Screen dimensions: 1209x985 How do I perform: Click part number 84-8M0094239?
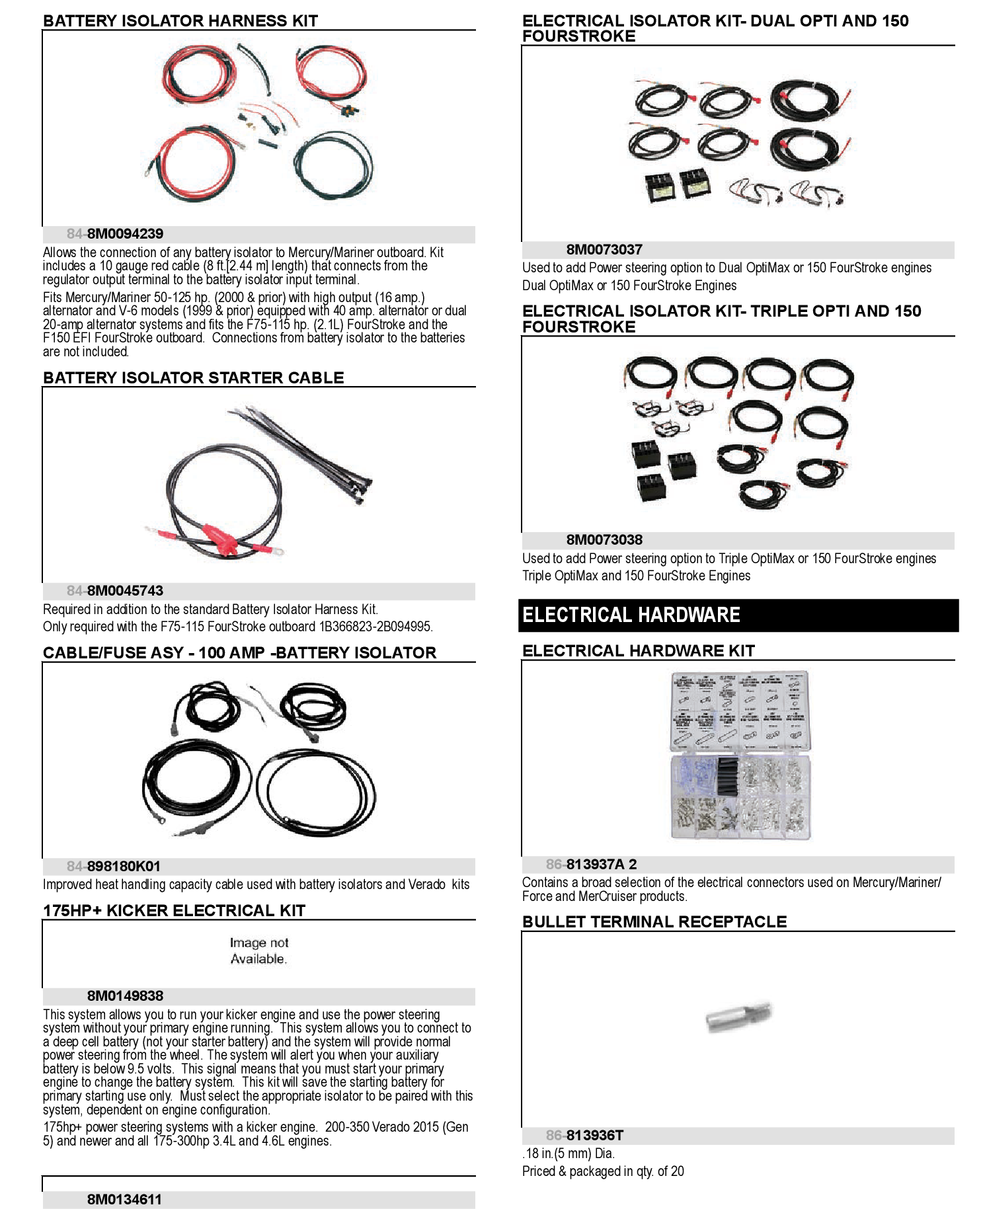pos(115,234)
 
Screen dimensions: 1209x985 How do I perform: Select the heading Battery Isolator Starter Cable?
pos(193,378)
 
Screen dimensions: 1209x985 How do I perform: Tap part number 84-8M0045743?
pos(115,591)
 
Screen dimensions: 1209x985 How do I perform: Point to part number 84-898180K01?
pos(114,867)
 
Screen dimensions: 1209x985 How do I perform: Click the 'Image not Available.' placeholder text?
pos(258,951)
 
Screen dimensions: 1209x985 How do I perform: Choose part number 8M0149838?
pos(125,996)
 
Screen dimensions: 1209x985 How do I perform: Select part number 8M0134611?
pos(124,1200)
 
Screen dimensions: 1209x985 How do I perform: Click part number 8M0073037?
pos(604,250)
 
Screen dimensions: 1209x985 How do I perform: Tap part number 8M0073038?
pos(604,540)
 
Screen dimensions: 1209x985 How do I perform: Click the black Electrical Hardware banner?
pos(738,615)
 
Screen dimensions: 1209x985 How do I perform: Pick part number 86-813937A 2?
pos(591,865)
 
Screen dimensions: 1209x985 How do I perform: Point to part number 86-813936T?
pos(584,1136)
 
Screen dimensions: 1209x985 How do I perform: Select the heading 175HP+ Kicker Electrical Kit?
pos(174,911)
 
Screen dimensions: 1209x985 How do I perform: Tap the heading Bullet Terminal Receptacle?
pos(654,922)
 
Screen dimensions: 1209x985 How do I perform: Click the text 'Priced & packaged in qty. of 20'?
pos(603,1171)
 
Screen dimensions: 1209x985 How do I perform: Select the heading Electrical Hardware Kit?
pos(638,651)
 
